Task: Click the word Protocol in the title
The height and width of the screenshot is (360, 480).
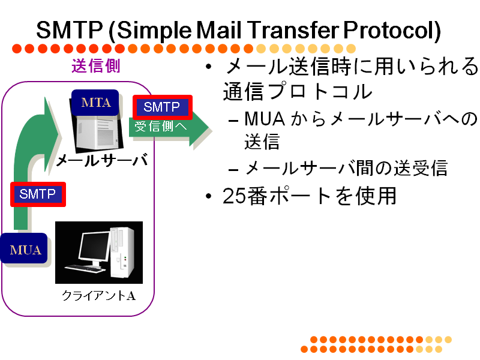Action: pyautogui.click(x=392, y=31)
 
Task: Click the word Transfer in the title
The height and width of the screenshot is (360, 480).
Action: pyautogui.click(x=293, y=30)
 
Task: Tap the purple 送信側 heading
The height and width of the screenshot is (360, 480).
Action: pyautogui.click(x=96, y=66)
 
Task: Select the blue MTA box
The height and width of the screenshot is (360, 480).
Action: pyautogui.click(x=95, y=103)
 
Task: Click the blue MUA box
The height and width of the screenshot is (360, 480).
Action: pyautogui.click(x=25, y=248)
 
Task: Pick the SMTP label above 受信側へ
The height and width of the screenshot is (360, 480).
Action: pyautogui.click(x=162, y=107)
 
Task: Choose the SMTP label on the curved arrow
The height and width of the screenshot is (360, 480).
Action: pyautogui.click(x=38, y=194)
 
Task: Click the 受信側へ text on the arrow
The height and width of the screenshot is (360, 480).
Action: pyautogui.click(x=161, y=127)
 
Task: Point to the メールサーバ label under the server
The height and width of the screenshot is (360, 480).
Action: pyautogui.click(x=102, y=160)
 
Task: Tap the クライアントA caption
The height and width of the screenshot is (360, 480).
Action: pyautogui.click(x=98, y=295)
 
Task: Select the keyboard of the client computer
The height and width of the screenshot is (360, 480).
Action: pyautogui.click(x=85, y=269)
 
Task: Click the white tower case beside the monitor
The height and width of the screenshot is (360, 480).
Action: pyautogui.click(x=122, y=252)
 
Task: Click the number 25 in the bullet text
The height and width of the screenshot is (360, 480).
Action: pyautogui.click(x=234, y=196)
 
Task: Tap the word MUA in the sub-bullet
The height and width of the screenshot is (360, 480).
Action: pyautogui.click(x=265, y=119)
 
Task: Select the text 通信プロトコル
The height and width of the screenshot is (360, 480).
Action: pyautogui.click(x=297, y=91)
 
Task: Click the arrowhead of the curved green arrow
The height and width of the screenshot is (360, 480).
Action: pyautogui.click(x=52, y=134)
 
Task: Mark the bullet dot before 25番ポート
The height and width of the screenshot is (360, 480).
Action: pyautogui.click(x=209, y=196)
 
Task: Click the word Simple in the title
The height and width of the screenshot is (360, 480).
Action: pyautogui.click(x=154, y=31)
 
